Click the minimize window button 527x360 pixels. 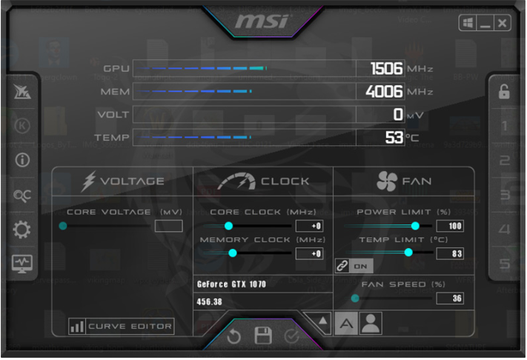tap(486, 24)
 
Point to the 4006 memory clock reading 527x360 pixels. tap(385, 92)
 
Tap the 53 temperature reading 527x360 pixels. tap(394, 137)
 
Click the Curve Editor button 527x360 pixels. tap(121, 326)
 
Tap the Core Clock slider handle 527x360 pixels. tap(228, 226)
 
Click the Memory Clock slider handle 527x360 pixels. tap(232, 253)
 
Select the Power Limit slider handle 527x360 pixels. tap(415, 226)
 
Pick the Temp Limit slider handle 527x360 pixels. tap(408, 253)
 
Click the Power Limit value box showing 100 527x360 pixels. tap(450, 226)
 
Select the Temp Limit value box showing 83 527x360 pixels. tap(450, 253)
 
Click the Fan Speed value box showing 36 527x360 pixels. tap(450, 298)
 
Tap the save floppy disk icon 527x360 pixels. tap(263, 336)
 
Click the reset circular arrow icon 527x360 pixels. tap(234, 336)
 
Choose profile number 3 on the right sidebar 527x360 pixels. tap(505, 195)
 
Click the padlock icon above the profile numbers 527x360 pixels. tap(504, 92)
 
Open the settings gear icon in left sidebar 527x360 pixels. tap(22, 229)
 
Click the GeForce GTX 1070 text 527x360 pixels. tap(232, 284)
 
